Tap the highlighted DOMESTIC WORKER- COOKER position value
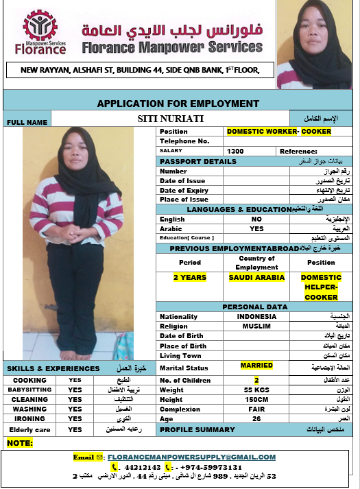pos(278,131)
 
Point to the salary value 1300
pos(235,151)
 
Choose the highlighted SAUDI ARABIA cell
pos(256,278)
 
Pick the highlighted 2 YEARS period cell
pos(190,278)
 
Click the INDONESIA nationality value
pos(256,317)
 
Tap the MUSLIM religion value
pos(256,326)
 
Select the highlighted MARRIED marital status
pos(256,366)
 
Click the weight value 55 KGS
pos(256,390)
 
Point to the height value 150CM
pos(256,399)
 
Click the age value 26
pos(256,418)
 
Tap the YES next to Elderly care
pos(75,429)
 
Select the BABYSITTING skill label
pos(29,390)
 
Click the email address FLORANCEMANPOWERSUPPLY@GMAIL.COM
pos(191,457)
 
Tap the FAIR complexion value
pos(256,409)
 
